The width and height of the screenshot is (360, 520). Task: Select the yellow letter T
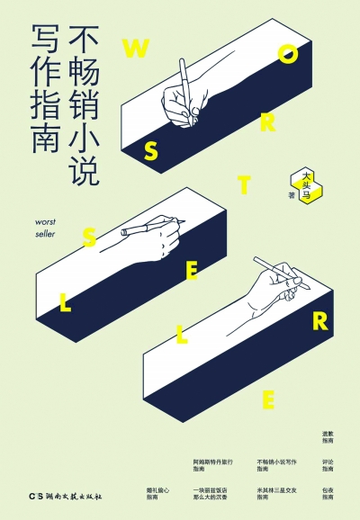(x=244, y=185)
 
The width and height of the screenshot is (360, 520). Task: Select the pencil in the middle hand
(x=141, y=227)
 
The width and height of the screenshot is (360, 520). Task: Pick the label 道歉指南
(x=328, y=437)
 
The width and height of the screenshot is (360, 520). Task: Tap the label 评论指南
(x=328, y=465)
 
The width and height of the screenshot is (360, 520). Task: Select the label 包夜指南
(x=328, y=493)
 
